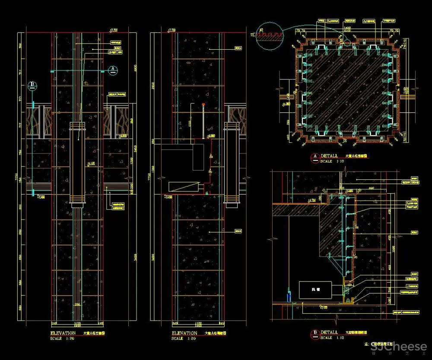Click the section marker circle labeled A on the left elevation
[112, 69]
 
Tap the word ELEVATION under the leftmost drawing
[64, 333]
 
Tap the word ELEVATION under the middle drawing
[184, 333]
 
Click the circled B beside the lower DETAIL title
[315, 332]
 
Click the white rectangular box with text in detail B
[315, 290]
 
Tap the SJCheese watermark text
[398, 347]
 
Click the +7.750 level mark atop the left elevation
[114, 30]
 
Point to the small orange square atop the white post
[203, 105]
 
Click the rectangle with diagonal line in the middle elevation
[184, 187]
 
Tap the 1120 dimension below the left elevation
[77, 323]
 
